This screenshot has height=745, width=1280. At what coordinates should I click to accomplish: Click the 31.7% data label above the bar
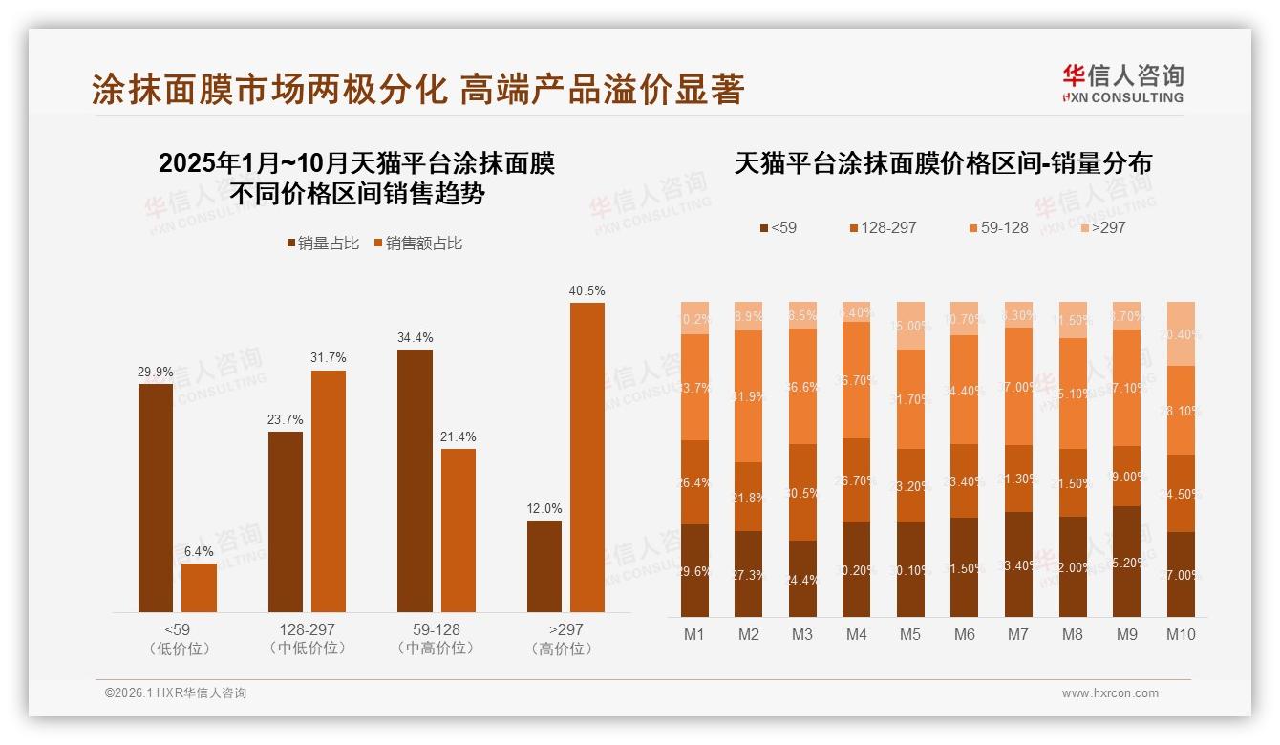pos(329,357)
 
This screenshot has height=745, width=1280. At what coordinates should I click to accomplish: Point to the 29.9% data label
pos(156,372)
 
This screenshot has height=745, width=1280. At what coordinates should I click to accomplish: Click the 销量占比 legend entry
pos(323,244)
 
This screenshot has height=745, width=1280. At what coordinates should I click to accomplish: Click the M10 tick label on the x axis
pos(1181,634)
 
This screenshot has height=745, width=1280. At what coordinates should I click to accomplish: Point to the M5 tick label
pos(910,634)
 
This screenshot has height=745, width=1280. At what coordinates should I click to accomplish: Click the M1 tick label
pos(694,634)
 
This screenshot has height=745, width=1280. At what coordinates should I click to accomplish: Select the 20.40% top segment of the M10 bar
pos(1182,333)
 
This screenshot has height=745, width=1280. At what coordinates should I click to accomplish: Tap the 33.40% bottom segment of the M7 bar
pos(1019,564)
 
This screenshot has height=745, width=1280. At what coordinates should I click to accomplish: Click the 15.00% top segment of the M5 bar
pos(911,326)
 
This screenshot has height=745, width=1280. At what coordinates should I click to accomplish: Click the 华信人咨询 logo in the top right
pos(1122,83)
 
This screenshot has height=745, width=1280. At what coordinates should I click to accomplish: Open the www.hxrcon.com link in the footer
pos(1110,693)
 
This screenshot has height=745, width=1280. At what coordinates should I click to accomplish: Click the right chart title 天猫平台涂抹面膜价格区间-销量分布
pos(943,163)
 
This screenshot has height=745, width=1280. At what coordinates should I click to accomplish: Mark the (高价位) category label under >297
pos(565,649)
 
